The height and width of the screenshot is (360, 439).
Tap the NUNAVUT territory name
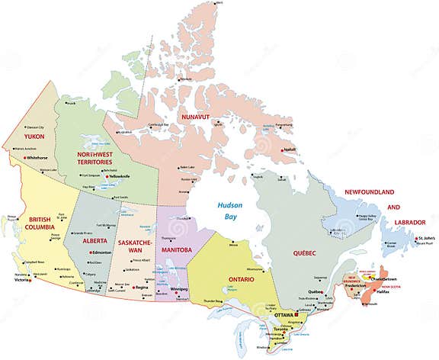pyautogui.click(x=195, y=114)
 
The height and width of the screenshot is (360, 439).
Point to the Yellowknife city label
pyautogui.click(x=120, y=176)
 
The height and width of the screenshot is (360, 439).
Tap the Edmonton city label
pyautogui.click(x=102, y=252)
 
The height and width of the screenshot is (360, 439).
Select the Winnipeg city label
pyautogui.click(x=179, y=290)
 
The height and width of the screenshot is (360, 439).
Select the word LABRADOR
pyautogui.click(x=405, y=222)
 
